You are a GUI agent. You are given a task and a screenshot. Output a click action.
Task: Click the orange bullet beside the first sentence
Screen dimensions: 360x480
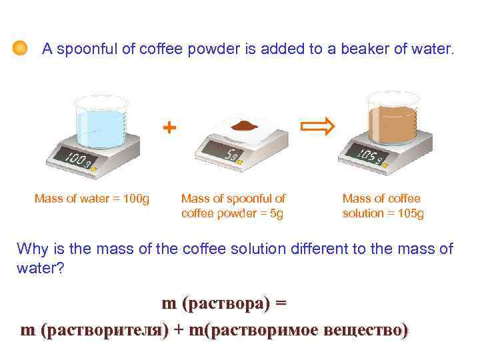point(20,49)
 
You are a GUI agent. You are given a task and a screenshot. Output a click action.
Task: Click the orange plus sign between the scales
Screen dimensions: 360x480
point(171,127)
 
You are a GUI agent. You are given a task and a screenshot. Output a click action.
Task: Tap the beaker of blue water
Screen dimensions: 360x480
point(101,122)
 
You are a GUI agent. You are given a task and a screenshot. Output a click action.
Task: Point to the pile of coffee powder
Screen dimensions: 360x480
point(245,125)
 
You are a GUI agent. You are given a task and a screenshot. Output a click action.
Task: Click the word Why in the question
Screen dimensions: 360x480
point(30,250)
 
